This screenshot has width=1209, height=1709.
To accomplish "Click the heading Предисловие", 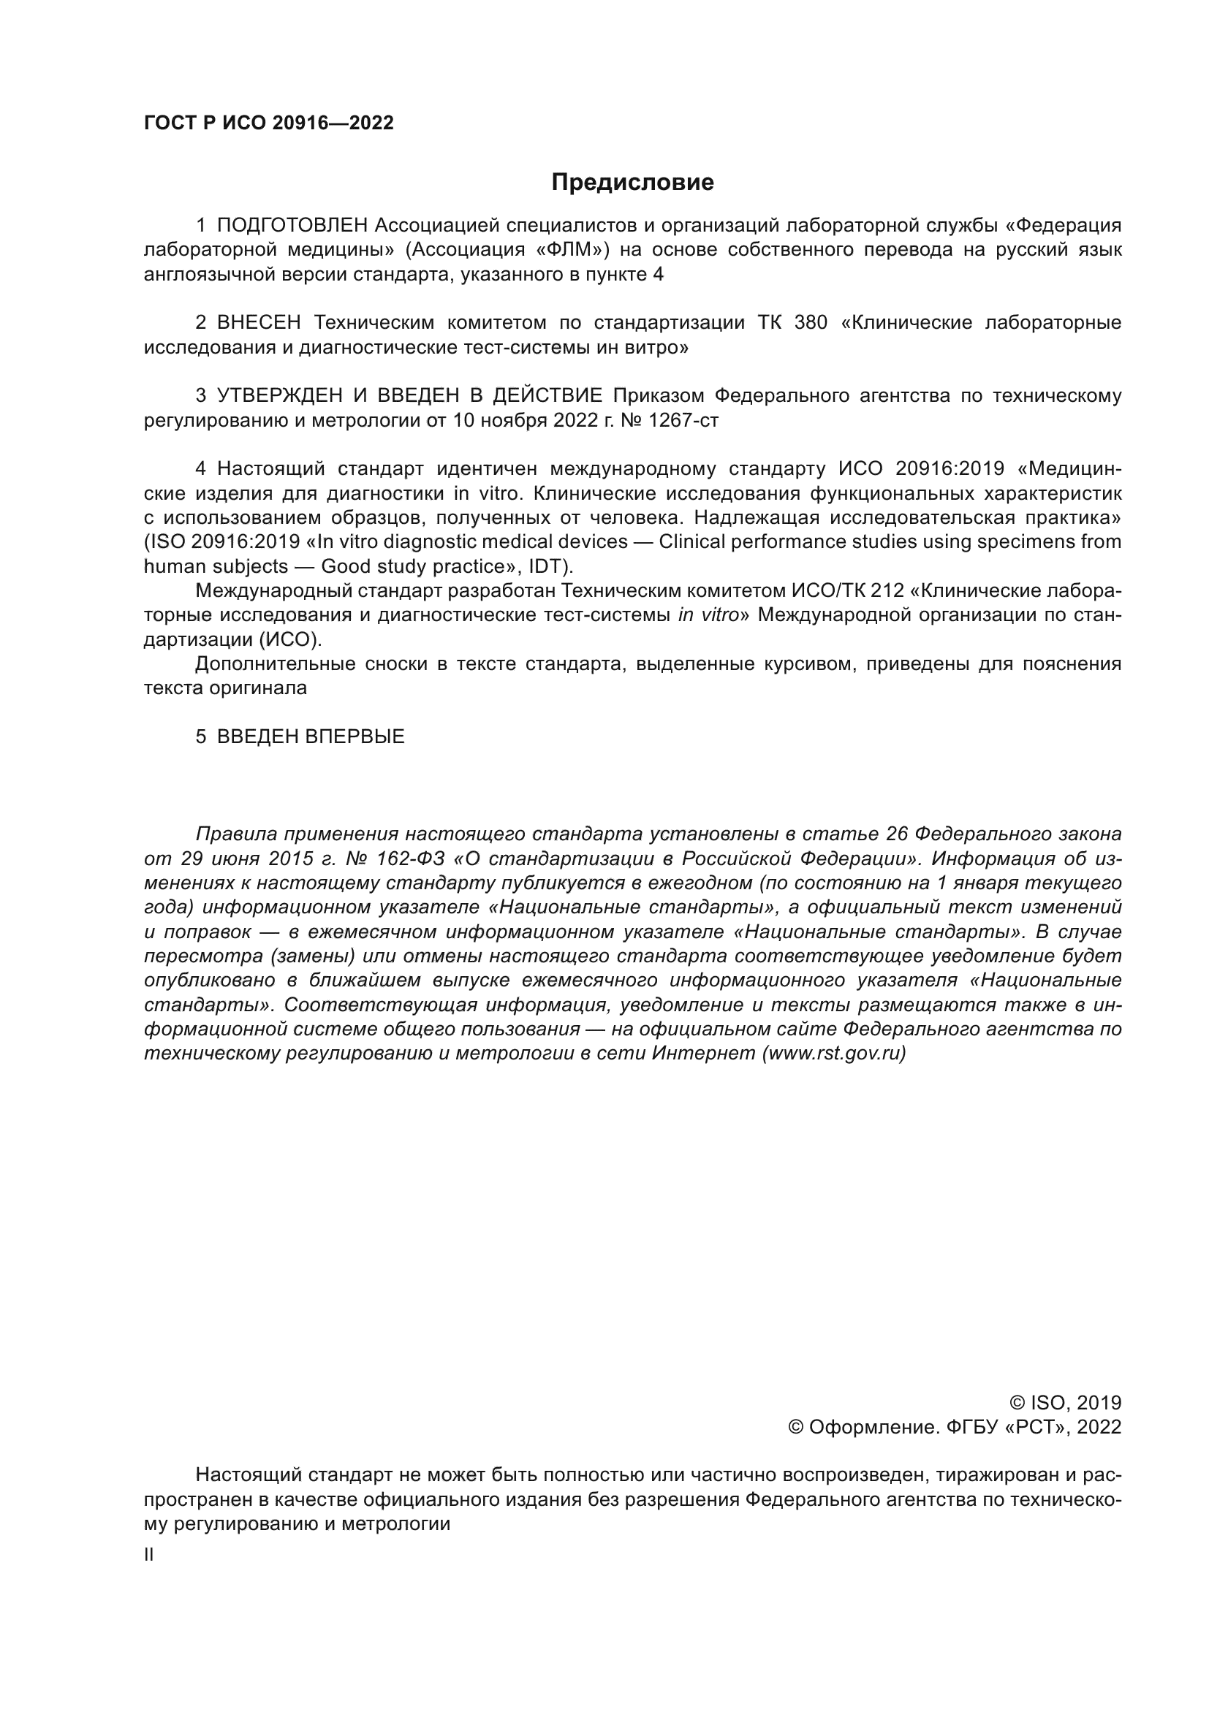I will (632, 183).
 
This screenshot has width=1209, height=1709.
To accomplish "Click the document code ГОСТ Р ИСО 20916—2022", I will (269, 123).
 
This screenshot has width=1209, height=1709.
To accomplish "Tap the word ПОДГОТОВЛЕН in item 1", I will (292, 226).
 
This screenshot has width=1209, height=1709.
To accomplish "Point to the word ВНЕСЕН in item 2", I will (259, 323).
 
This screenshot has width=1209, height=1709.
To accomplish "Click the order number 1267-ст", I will (683, 421).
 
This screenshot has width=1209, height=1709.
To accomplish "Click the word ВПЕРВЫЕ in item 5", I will (355, 737).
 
